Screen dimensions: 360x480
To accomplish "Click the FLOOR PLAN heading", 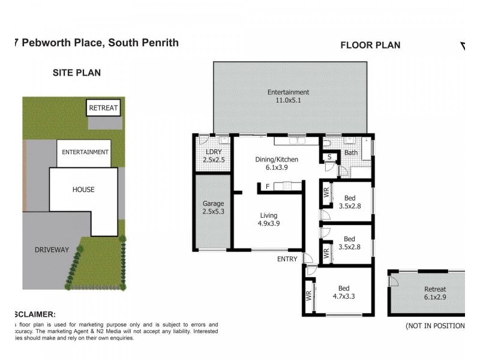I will tap(370, 45).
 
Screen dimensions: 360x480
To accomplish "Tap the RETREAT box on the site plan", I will tap(103, 108).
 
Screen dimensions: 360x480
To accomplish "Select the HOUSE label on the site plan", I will tap(83, 190).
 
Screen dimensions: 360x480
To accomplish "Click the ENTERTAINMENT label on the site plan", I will tap(85, 152).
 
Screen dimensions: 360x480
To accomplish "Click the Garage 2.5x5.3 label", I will tap(213, 208).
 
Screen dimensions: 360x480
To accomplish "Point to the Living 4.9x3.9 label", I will tap(268, 220).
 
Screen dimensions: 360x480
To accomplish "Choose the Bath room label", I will tap(350, 154).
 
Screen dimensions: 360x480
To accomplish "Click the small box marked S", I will tap(329, 157).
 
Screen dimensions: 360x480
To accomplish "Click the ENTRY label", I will tap(287, 259).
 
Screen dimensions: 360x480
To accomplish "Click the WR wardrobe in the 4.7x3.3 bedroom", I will tap(309, 297).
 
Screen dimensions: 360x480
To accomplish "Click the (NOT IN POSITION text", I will tap(435, 326).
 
